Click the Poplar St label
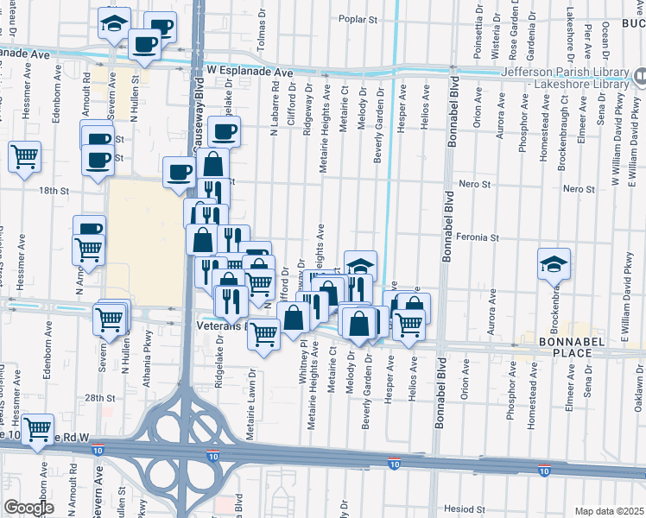tap(359, 18)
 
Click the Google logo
tap(28, 508)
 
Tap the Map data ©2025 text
tap(609, 510)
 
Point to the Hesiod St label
tap(459, 509)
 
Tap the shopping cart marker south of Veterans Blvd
tap(263, 333)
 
